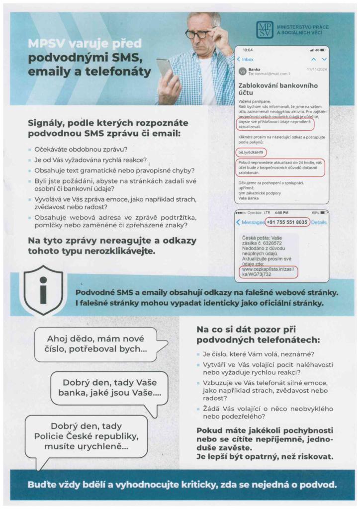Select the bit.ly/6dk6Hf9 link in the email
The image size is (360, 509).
[251, 152]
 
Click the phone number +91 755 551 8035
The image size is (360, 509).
[287, 222]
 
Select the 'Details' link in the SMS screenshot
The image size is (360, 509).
[319, 222]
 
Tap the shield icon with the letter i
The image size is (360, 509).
[43, 290]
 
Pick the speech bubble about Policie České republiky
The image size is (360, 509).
[86, 436]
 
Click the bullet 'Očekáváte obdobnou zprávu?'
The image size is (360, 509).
[80, 149]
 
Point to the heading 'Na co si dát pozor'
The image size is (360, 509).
[258, 335]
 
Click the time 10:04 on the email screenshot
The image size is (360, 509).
[247, 50]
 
